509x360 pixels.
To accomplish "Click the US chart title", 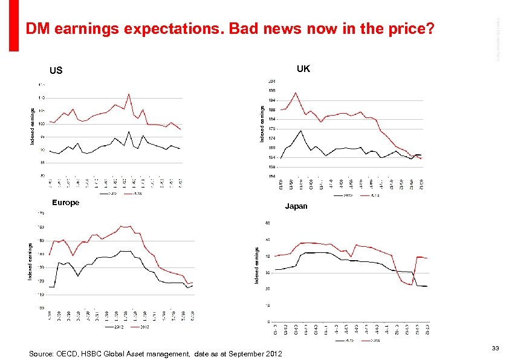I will tap(56, 71).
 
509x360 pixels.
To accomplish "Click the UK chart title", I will tap(303, 69).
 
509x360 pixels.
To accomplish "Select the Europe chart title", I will tap(65, 203).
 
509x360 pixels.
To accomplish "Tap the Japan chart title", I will tap(296, 206).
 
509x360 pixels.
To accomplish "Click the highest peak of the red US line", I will tap(129, 94).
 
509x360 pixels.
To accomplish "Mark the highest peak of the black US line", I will tap(129, 131).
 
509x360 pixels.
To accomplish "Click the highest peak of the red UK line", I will tap(296, 93).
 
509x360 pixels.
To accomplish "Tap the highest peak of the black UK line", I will tap(300, 131).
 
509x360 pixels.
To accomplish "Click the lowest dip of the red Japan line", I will tap(411, 284).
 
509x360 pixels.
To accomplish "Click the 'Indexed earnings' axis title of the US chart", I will tap(33, 126).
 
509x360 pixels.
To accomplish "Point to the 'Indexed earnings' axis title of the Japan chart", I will tap(256, 265).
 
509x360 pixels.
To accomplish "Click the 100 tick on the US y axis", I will tap(41, 123).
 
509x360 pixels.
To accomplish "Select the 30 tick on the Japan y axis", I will tap(268, 273).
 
